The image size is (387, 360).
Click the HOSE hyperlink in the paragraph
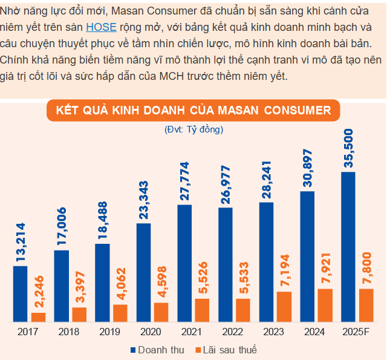101,27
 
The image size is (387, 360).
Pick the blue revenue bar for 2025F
348,246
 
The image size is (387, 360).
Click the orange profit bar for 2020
161,312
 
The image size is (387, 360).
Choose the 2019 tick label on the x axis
109,332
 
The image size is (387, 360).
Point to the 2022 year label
233,332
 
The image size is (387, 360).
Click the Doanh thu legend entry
156,350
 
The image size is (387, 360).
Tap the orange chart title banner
193,111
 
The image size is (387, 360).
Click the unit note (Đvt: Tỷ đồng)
193,129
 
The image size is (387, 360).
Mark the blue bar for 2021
184,263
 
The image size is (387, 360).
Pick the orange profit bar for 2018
79,314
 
